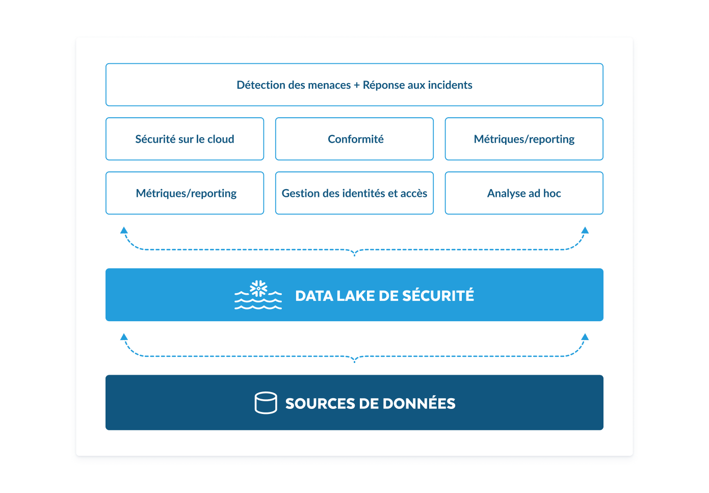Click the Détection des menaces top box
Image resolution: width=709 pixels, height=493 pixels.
(354, 85)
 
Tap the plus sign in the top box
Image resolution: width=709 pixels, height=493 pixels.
(357, 85)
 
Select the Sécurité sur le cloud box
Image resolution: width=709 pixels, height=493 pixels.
(185, 139)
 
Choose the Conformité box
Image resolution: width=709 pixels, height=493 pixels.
(354, 139)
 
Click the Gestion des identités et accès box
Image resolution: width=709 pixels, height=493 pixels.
(354, 193)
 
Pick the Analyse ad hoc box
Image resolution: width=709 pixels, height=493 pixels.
(524, 193)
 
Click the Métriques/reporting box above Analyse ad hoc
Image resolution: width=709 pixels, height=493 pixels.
(524, 139)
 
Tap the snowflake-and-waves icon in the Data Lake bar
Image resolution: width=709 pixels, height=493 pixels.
(258, 295)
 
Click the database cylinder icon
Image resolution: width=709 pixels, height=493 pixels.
(266, 403)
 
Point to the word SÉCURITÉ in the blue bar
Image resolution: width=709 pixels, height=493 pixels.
(438, 296)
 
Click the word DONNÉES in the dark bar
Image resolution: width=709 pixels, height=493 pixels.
(419, 403)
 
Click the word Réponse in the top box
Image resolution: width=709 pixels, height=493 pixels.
(383, 85)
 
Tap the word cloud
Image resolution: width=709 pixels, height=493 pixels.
(221, 139)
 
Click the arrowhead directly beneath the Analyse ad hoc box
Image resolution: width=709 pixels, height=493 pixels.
(585, 230)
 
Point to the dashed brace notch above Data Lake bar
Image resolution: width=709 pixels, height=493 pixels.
(355, 253)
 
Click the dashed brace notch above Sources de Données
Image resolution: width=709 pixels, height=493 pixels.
(355, 359)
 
